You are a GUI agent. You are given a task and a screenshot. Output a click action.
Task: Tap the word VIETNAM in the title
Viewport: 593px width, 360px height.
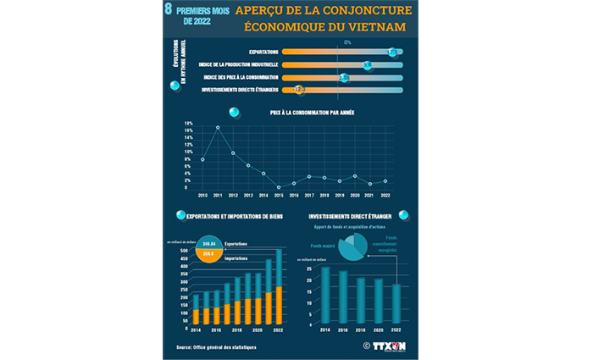(373, 28)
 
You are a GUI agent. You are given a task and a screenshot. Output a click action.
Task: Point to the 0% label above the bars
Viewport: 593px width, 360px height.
(346, 42)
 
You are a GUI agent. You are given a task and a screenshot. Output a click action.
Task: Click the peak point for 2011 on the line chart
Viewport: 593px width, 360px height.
(218, 128)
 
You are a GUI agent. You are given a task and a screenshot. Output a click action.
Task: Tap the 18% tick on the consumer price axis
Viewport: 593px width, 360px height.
(188, 124)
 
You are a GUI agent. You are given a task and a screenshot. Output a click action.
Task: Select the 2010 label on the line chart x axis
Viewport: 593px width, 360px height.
(202, 194)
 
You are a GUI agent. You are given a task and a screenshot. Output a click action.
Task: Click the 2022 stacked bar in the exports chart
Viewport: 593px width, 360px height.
(280, 288)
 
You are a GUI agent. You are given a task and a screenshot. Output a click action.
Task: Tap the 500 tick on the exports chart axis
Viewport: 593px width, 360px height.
(183, 252)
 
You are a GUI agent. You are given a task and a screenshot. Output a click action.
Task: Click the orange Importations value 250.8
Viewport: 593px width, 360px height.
(208, 253)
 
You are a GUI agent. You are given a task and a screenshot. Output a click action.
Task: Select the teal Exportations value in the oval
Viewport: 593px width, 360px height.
(208, 244)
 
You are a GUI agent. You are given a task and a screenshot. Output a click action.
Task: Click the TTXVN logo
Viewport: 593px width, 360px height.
(389, 345)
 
